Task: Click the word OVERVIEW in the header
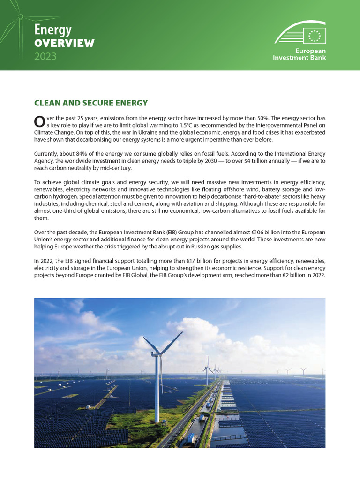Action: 64,43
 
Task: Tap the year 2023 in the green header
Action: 45,57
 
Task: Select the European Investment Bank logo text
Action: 300,54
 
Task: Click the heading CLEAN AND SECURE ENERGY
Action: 91,103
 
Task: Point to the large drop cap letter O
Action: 40,121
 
